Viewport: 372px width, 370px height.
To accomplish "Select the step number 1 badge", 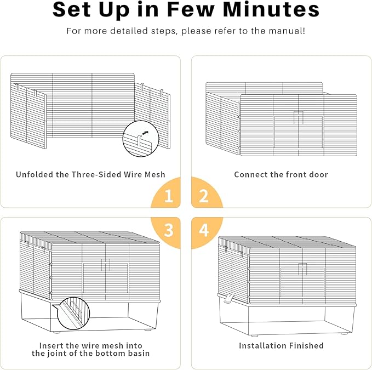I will (x=168, y=196).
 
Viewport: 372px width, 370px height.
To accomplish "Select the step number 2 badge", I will (x=203, y=196).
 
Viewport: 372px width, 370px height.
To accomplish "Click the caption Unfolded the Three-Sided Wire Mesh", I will (x=90, y=174).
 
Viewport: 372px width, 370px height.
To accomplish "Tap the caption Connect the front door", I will (x=281, y=174).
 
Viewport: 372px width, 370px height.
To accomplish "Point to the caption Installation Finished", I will (x=281, y=345).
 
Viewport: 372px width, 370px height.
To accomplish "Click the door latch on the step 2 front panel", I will (x=298, y=117).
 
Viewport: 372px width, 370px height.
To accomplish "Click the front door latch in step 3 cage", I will (x=106, y=264).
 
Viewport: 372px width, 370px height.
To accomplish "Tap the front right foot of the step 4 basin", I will (x=344, y=333).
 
